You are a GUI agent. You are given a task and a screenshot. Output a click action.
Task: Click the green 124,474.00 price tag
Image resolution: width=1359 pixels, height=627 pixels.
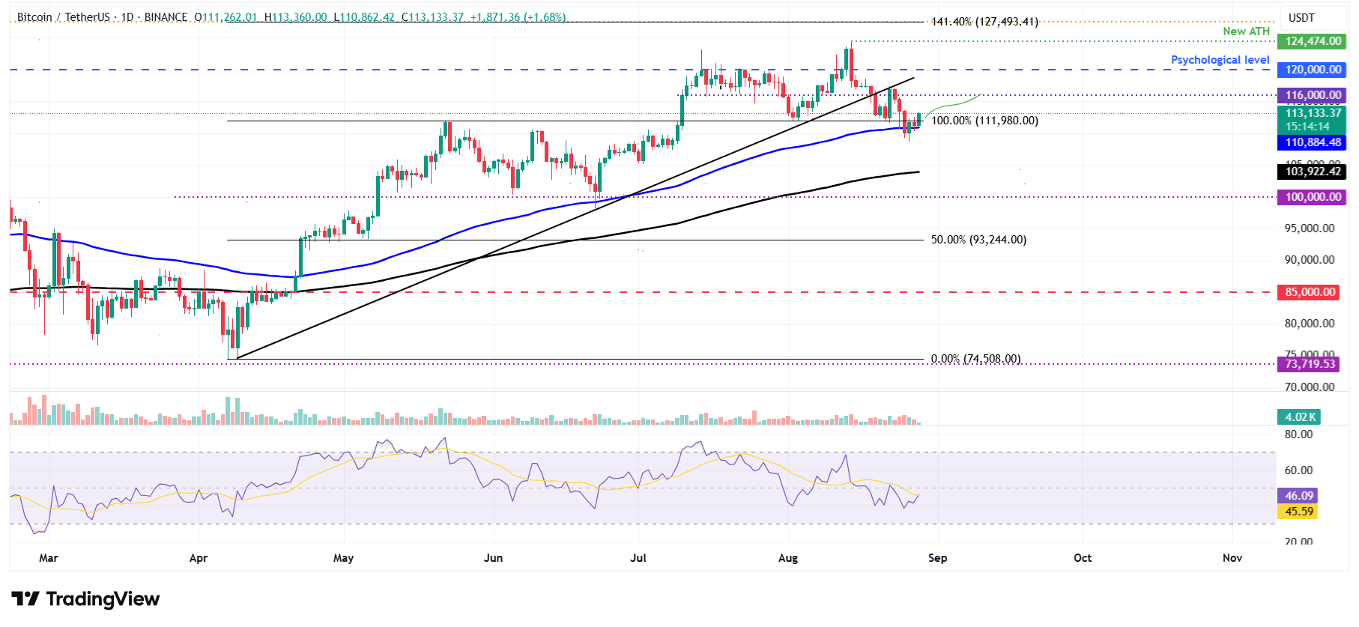1313,41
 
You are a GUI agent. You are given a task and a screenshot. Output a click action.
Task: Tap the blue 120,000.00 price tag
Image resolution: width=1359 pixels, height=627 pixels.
1313,70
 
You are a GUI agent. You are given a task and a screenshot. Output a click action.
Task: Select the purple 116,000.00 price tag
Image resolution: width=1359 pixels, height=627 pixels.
1313,95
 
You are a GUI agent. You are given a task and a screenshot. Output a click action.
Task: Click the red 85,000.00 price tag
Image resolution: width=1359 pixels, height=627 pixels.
1310,292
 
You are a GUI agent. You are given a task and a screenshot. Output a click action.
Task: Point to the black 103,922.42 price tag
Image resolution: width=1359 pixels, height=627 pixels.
1313,172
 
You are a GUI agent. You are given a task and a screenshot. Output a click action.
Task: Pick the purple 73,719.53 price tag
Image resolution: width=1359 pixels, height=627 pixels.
1310,364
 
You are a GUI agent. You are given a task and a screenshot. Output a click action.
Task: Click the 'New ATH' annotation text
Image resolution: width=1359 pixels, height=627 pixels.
1246,31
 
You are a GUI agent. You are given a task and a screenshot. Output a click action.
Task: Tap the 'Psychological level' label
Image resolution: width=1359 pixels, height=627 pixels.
1220,60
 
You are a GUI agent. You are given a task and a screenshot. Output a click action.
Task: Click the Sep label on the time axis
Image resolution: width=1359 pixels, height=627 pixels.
937,558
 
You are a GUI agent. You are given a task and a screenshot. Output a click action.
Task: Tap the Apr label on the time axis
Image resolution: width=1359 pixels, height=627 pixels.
199,558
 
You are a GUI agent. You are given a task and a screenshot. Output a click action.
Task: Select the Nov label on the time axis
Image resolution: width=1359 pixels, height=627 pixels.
1232,558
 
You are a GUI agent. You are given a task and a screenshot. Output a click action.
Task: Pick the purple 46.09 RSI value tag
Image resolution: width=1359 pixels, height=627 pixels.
1299,496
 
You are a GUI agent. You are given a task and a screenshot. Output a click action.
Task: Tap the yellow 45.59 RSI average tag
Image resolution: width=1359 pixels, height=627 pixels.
1299,512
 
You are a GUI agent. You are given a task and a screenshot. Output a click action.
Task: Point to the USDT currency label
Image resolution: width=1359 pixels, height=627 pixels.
1301,18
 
